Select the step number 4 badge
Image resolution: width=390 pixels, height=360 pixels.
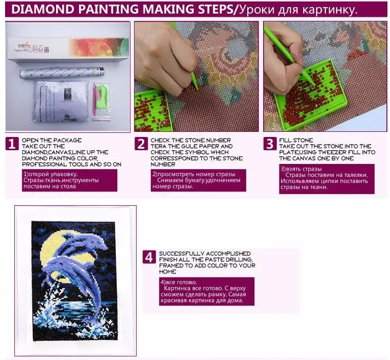coord(148,257)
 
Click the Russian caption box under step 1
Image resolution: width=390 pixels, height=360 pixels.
coord(69,180)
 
